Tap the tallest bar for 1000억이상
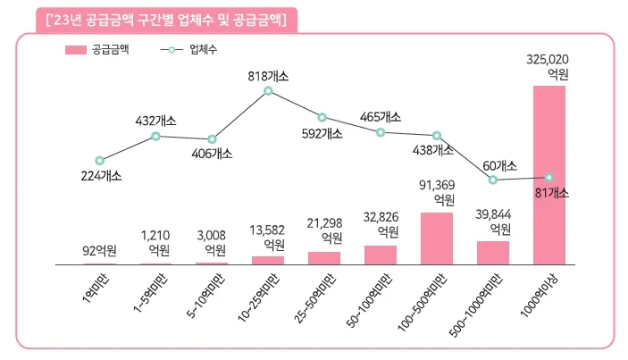tap(548, 175)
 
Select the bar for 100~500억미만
tap(436, 239)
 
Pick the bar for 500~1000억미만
tap(492, 253)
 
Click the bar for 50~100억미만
tap(380, 255)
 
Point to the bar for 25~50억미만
tap(323, 258)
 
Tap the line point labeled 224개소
tap(99, 160)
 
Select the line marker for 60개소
tap(493, 180)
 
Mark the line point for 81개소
tap(549, 178)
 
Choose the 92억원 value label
tap(99, 249)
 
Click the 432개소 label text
tap(155, 120)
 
